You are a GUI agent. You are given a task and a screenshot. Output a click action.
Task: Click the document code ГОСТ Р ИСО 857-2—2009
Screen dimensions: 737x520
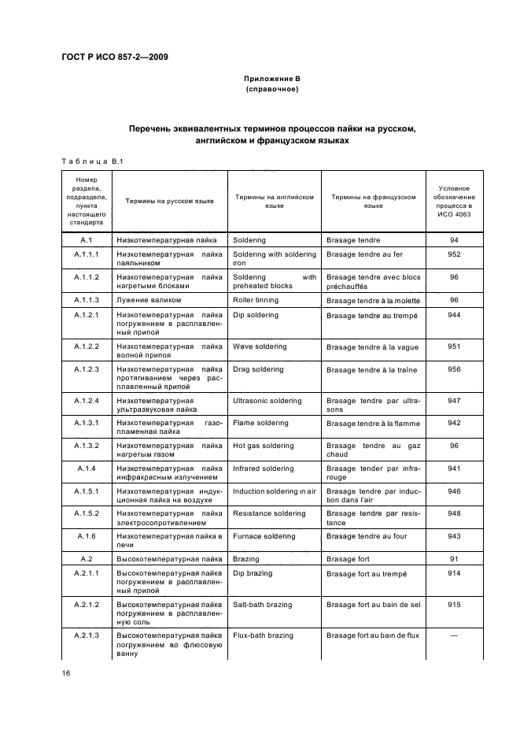coord(115,57)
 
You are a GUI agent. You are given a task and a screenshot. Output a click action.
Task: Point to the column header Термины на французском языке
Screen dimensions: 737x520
coord(374,202)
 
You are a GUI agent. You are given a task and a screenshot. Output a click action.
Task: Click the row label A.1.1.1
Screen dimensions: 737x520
coord(87,254)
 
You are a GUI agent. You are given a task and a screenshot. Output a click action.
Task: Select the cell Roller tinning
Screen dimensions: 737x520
coord(256,300)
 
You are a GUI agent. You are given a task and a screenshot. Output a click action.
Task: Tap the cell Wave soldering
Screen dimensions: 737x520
coord(260,346)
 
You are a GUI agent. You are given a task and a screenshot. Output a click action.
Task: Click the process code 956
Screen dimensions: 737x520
coord(454,369)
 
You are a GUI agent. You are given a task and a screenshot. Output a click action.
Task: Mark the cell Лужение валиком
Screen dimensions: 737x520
coord(149,300)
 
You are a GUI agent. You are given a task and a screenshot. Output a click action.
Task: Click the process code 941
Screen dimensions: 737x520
coord(454,468)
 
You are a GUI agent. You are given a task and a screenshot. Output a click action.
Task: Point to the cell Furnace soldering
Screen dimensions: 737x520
coord(264,536)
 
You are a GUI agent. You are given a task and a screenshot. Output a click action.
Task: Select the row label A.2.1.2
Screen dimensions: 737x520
coord(87,605)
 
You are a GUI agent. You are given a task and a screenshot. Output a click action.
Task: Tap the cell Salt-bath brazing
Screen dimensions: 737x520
coord(262,605)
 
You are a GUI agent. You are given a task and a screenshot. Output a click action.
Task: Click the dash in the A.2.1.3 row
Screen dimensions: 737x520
coord(454,635)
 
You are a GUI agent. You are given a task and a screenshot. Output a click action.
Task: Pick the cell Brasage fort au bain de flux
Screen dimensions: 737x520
coord(374,635)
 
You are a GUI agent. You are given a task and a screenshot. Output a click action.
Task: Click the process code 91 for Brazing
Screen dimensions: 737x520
coord(454,559)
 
